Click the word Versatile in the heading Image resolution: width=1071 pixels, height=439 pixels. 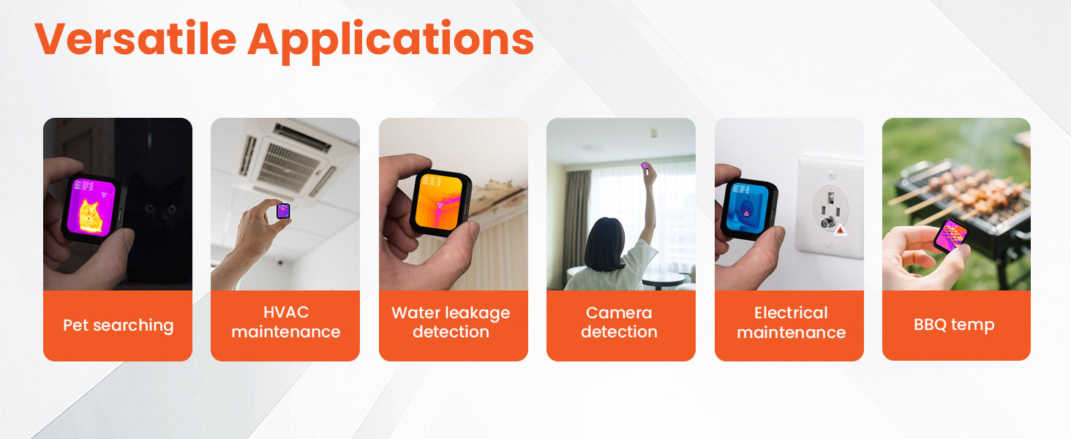click(x=135, y=39)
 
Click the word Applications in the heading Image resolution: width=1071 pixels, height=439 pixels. click(x=391, y=42)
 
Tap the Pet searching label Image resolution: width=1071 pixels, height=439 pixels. click(x=118, y=325)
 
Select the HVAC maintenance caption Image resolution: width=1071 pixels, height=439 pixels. click(x=286, y=322)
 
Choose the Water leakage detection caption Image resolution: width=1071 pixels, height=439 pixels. click(x=451, y=322)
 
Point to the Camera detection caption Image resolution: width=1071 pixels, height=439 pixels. click(x=619, y=322)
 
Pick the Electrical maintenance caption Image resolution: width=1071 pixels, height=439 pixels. click(x=792, y=323)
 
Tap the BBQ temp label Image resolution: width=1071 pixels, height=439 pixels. click(x=954, y=325)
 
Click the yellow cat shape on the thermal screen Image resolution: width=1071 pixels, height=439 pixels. click(x=89, y=217)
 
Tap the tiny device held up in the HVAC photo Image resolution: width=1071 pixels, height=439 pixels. click(x=284, y=211)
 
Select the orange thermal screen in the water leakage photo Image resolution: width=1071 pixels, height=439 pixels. click(x=438, y=202)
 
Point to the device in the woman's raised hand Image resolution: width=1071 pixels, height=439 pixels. click(x=645, y=166)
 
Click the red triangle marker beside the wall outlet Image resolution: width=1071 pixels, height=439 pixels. click(x=841, y=230)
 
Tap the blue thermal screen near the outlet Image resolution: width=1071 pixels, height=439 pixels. click(x=747, y=208)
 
